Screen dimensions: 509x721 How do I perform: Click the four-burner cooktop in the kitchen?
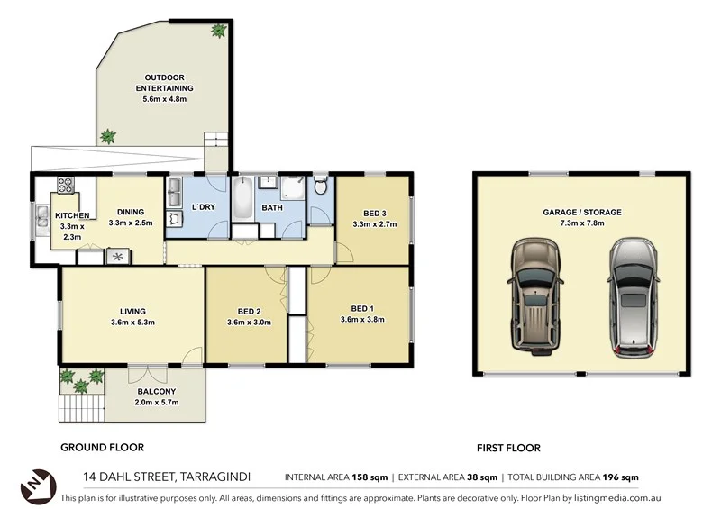(66, 186)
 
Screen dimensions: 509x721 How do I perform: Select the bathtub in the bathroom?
(243, 198)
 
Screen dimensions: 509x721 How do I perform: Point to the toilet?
(321, 186)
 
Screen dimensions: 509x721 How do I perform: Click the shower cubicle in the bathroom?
(293, 188)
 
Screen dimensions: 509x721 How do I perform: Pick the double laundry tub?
(175, 190)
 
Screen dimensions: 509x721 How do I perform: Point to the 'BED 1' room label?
(361, 307)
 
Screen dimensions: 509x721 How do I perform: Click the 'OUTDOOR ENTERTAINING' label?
(163, 82)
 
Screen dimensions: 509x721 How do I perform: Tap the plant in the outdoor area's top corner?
(219, 31)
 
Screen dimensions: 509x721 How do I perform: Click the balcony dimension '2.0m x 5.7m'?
(157, 402)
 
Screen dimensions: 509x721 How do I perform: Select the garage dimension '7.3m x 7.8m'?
(581, 223)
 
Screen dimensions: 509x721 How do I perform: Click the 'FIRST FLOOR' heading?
(507, 447)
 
